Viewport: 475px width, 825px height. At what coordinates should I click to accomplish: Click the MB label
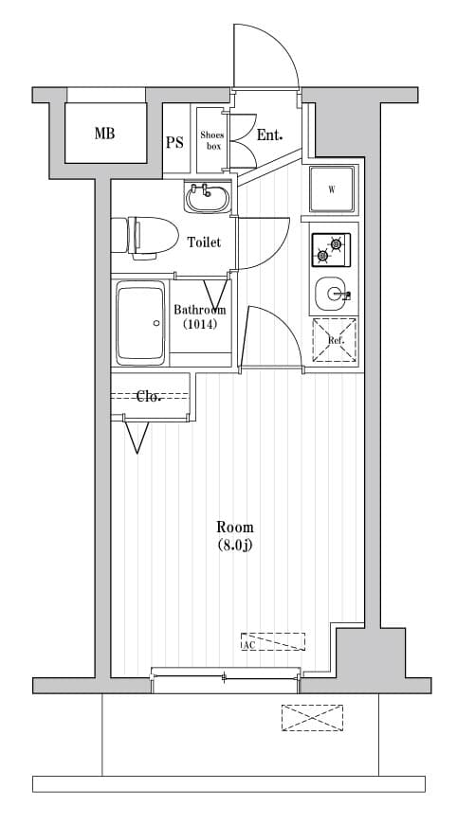coord(104,134)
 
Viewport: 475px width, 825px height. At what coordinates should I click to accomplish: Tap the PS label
coord(174,143)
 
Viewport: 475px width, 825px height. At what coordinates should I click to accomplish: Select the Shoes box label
coord(210,140)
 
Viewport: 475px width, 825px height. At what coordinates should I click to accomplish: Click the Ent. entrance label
coord(270,135)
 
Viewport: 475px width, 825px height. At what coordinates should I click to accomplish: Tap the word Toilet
coord(203,242)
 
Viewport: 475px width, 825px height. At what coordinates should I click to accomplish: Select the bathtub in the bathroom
coord(140,324)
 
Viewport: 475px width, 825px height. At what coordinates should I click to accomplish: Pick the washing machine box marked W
coord(332,189)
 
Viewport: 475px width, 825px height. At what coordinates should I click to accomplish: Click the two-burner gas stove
coord(331,249)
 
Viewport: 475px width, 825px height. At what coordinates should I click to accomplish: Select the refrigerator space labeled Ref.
coord(336,340)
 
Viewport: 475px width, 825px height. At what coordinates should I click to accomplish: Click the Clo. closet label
coord(148,397)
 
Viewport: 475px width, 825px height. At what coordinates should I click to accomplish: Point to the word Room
coord(235,527)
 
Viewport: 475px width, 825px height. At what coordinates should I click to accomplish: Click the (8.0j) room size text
coord(235,545)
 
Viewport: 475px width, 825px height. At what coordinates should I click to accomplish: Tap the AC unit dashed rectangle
coord(273,641)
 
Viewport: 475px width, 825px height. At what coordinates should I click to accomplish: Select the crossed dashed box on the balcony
coord(312,717)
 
